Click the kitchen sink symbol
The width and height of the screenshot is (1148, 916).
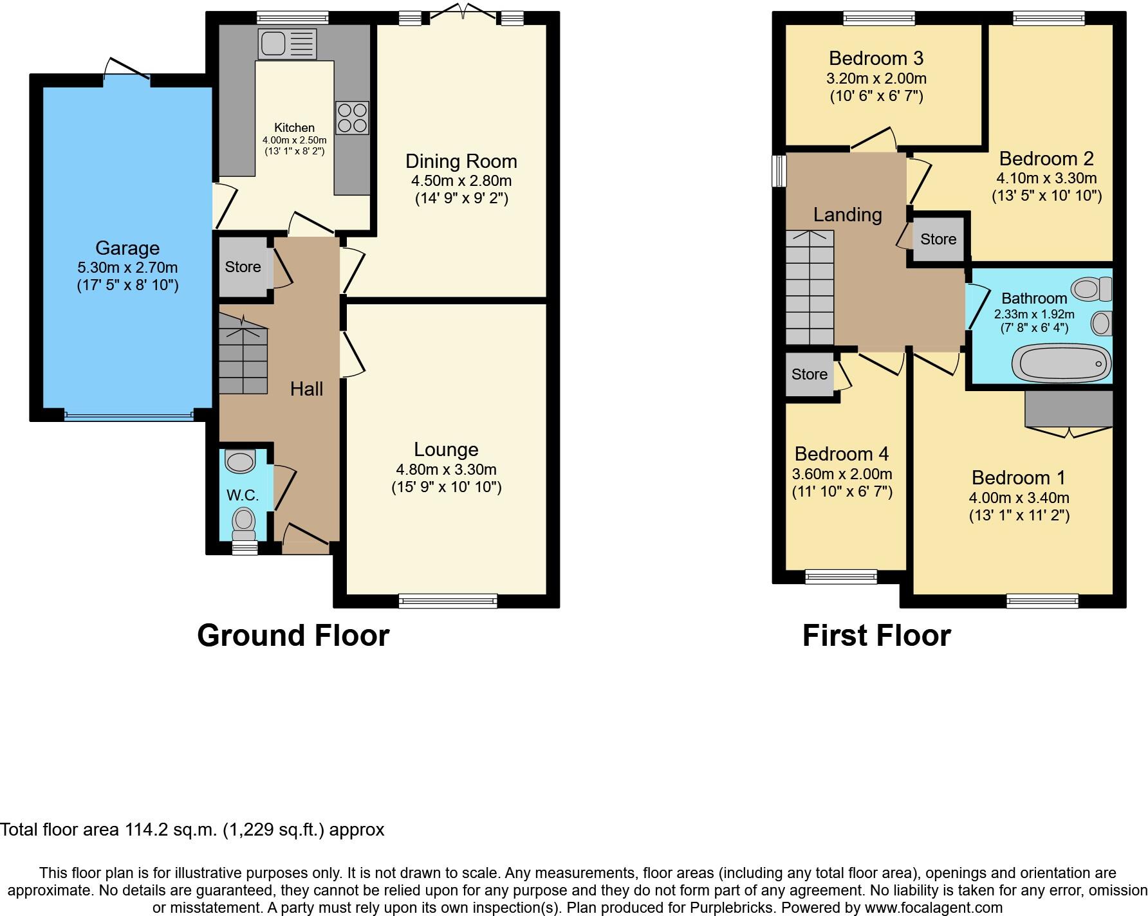(288, 44)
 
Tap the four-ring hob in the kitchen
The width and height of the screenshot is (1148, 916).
(352, 118)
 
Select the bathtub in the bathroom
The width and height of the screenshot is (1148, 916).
(1061, 363)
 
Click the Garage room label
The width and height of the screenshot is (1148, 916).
(127, 248)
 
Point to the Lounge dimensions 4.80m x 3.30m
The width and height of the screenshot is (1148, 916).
(446, 470)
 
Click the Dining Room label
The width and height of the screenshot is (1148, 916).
(461, 161)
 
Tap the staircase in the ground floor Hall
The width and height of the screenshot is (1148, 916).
(243, 360)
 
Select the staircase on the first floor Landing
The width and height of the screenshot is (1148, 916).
(810, 288)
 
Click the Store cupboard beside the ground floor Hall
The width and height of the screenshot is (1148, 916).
(243, 267)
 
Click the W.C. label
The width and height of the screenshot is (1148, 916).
(243, 495)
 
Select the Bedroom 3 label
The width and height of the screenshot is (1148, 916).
(876, 59)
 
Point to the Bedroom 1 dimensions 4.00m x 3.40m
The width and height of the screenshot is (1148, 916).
(1019, 497)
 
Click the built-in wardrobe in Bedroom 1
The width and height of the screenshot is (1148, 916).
(1068, 409)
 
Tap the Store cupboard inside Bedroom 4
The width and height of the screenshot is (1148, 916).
(809, 374)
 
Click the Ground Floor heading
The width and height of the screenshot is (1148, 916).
(293, 636)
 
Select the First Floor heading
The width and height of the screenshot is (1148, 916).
(876, 636)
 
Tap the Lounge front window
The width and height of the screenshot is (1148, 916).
(448, 601)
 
